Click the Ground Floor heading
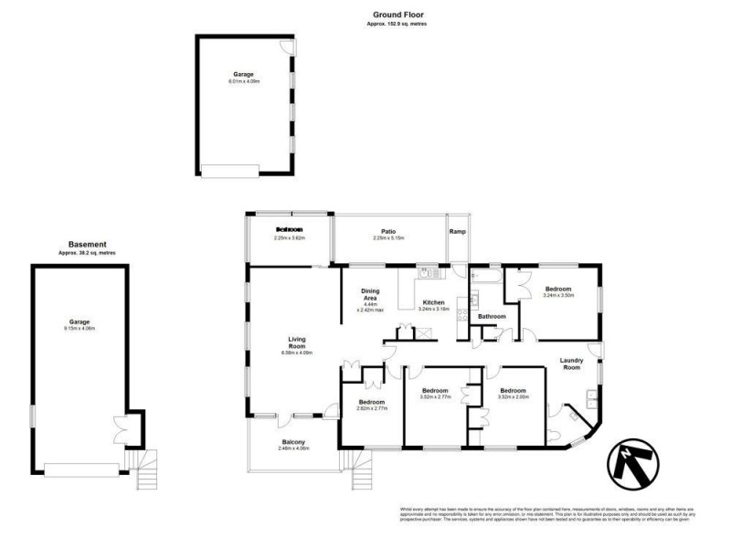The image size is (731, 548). click(x=398, y=16)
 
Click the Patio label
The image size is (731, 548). click(x=388, y=231)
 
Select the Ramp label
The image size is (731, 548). click(x=457, y=231)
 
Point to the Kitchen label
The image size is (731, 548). click(x=432, y=302)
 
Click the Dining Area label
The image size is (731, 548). click(x=371, y=294)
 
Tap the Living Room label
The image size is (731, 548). click(x=296, y=342)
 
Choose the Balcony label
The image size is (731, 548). click(x=293, y=443)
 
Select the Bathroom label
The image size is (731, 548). click(x=492, y=316)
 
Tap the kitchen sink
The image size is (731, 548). click(x=427, y=272)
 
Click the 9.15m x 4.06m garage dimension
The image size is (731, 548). click(x=80, y=328)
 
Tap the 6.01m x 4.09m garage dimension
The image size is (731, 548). click(x=244, y=81)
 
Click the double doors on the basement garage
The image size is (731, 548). click(x=120, y=427)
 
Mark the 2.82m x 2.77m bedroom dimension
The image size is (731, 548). click(x=372, y=408)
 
